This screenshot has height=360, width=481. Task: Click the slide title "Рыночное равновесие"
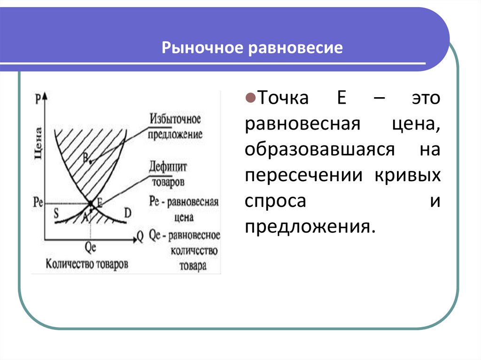tap(253, 48)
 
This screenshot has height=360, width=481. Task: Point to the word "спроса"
tap(275, 201)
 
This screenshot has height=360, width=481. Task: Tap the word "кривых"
tap(408, 176)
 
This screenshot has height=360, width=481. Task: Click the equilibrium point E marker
tap(91, 203)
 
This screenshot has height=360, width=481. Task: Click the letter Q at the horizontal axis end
tap(140, 236)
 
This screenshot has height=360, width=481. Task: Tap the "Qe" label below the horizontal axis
tap(91, 245)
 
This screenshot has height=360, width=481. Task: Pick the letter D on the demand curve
tap(128, 213)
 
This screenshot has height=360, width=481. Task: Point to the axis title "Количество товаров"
tap(87, 263)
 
